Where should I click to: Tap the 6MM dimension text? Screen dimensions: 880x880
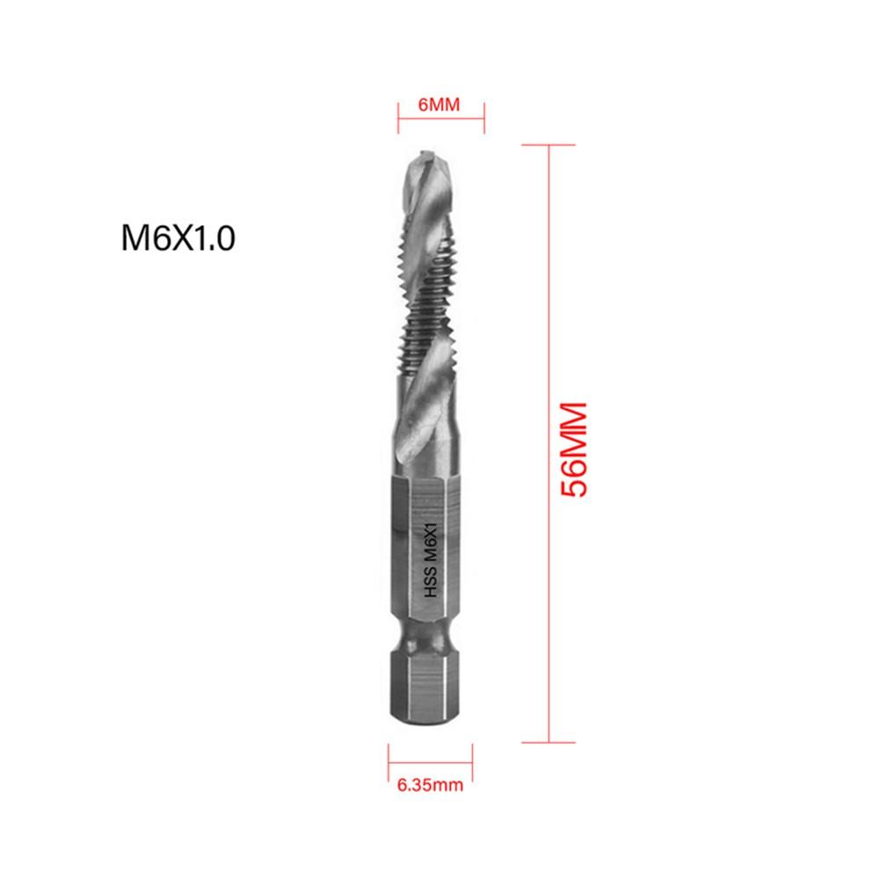(440, 105)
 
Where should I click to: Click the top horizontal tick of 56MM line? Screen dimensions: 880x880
(549, 145)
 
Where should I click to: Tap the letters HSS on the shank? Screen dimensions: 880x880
(432, 588)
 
